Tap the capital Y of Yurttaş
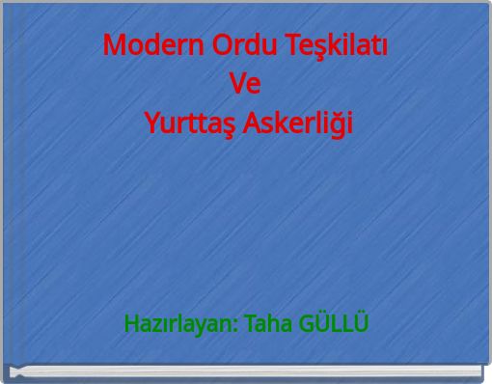tap(150, 123)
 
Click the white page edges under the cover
tap(247, 371)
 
